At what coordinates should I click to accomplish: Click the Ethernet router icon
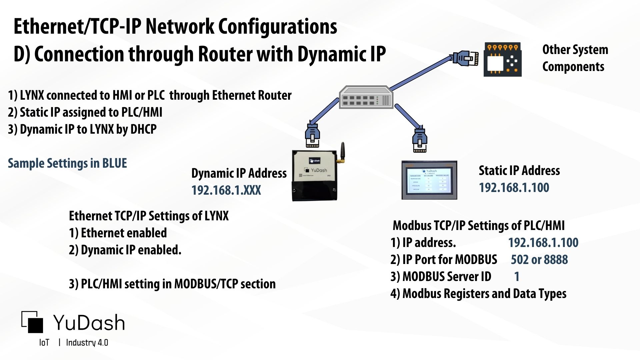coord(366,97)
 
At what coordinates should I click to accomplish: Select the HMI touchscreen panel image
coord(429,180)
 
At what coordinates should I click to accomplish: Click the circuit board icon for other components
coord(502,60)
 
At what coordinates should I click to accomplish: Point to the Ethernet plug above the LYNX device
coord(312,135)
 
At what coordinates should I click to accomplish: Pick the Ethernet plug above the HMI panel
coord(420,139)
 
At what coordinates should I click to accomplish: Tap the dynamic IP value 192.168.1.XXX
coord(226,190)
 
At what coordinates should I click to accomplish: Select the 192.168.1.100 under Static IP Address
coord(514,188)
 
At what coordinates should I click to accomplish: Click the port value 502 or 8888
coord(539,260)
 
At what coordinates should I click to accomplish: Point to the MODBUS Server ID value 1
coord(517,277)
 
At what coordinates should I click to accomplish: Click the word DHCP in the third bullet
coord(143,129)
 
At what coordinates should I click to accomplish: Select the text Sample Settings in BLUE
coord(67,163)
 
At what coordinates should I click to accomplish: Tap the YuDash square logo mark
coord(33,322)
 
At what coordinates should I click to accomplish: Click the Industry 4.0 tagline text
coord(87,343)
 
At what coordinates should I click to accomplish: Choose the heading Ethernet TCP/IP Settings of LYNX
coord(149,216)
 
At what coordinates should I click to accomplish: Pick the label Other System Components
coord(575,58)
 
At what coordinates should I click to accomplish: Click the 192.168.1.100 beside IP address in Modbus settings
coord(543,243)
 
